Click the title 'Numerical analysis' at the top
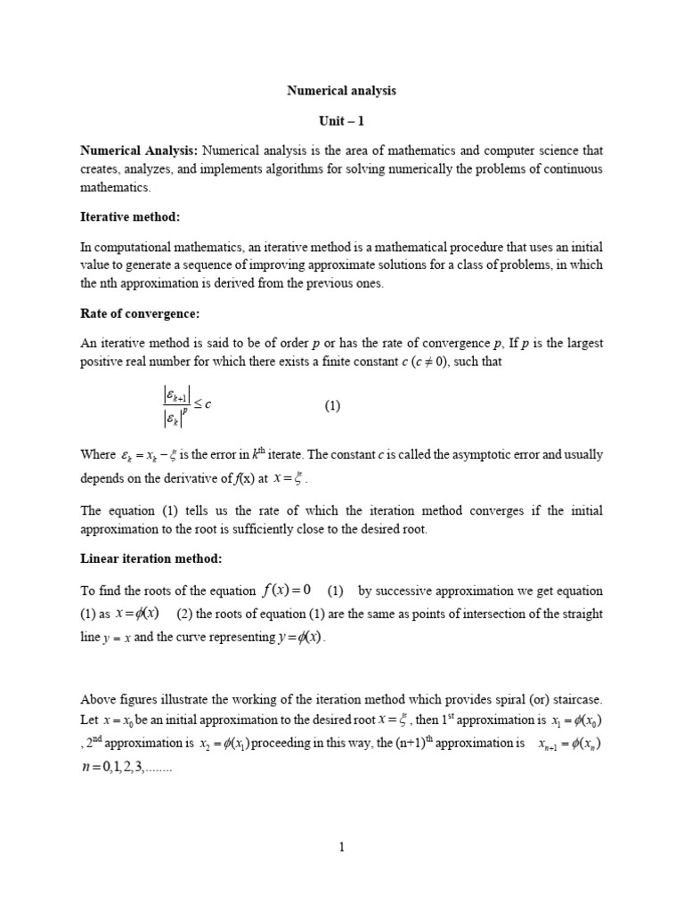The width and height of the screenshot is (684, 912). click(341, 91)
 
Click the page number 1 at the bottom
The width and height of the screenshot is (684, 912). click(341, 848)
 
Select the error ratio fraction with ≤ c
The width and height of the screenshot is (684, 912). click(182, 406)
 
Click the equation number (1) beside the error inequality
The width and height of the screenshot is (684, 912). click(332, 406)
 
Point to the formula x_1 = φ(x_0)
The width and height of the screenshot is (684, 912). click(570, 720)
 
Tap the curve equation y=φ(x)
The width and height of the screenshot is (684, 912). click(298, 638)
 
